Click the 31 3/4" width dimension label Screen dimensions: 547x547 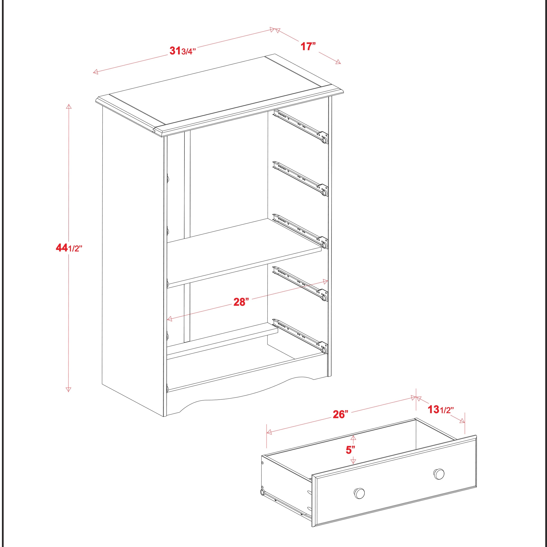click(x=182, y=51)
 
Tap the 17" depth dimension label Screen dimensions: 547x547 click(x=308, y=46)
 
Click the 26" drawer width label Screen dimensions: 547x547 click(x=340, y=414)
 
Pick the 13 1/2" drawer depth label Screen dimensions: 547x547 click(x=440, y=409)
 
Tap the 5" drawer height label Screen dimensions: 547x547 click(x=350, y=450)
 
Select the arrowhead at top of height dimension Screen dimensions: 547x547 click(x=68, y=106)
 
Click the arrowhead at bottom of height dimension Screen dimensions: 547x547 click(x=68, y=390)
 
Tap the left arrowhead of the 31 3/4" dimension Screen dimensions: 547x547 click(x=95, y=72)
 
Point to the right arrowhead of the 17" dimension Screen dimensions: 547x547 click(x=338, y=62)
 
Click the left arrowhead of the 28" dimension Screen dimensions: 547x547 click(x=170, y=319)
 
